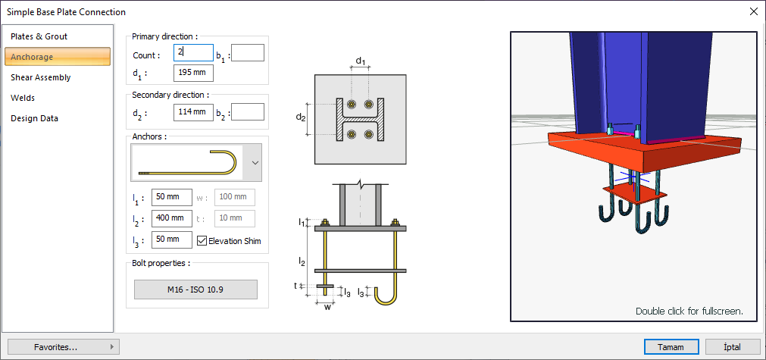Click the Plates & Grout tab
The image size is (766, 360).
click(x=39, y=36)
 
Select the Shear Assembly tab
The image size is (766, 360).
click(x=41, y=77)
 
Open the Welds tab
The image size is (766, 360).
click(x=23, y=98)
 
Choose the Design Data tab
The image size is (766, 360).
click(x=34, y=118)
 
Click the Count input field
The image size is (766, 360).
click(x=193, y=53)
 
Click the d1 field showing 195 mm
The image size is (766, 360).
click(x=193, y=73)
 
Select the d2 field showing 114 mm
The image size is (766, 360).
click(x=193, y=112)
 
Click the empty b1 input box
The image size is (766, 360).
click(x=247, y=53)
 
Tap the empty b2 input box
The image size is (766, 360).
click(x=247, y=112)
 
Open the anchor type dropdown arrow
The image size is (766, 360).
click(x=255, y=162)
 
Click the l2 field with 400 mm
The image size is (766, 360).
click(x=171, y=218)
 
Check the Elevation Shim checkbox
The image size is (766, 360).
click(x=202, y=241)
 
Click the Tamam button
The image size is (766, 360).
click(x=671, y=347)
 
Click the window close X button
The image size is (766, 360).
click(x=753, y=11)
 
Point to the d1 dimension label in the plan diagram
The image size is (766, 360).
click(x=361, y=61)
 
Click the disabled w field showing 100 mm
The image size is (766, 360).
click(x=234, y=198)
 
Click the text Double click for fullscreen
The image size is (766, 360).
click(x=689, y=311)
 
